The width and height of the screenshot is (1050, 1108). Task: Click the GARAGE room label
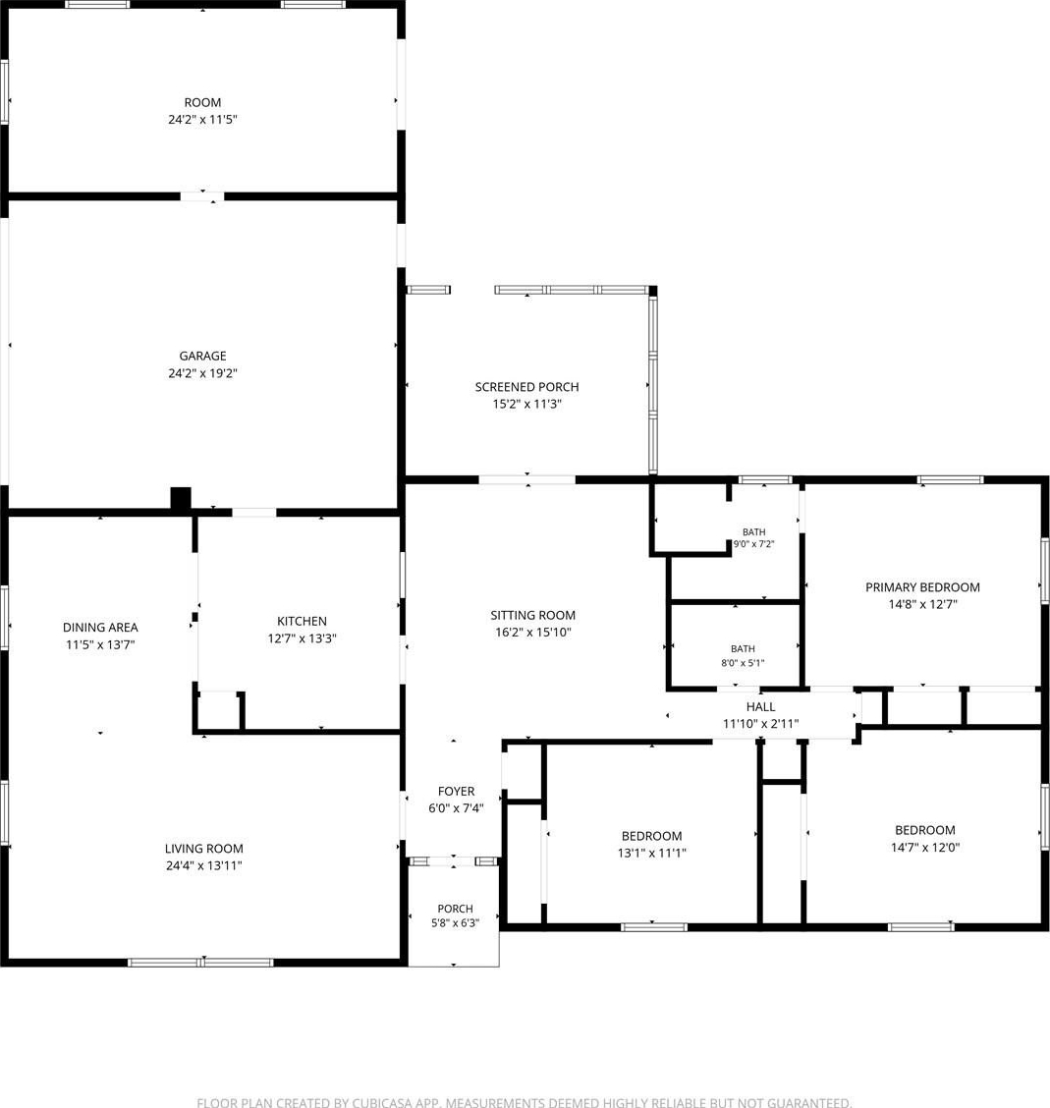point(202,357)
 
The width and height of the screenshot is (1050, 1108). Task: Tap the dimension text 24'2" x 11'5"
point(202,120)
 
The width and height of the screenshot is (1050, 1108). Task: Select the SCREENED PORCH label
point(527,387)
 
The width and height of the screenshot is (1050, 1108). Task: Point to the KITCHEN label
point(302,621)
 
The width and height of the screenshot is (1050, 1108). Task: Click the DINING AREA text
point(100,628)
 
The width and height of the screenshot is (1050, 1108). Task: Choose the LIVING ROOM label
point(204,849)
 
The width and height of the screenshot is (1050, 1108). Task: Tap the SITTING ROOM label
point(532,616)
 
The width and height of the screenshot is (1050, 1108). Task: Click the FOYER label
point(456,792)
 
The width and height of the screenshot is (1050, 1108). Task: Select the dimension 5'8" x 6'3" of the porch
point(455,923)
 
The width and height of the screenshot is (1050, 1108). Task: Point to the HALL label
point(761,706)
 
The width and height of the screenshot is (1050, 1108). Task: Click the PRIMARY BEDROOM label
point(923,587)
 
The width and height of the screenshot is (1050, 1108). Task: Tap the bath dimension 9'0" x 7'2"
point(754,544)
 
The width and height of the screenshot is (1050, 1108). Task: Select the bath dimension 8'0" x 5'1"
point(743,663)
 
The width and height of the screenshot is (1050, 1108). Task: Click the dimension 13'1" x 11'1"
point(652,853)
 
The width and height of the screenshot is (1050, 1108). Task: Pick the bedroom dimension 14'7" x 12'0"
point(925,848)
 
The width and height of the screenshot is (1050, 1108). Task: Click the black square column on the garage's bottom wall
point(181,498)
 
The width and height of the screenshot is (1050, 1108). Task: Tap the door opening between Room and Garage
point(202,195)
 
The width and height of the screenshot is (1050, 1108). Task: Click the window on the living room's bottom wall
point(200,963)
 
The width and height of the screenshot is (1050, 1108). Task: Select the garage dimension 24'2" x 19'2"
point(202,373)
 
